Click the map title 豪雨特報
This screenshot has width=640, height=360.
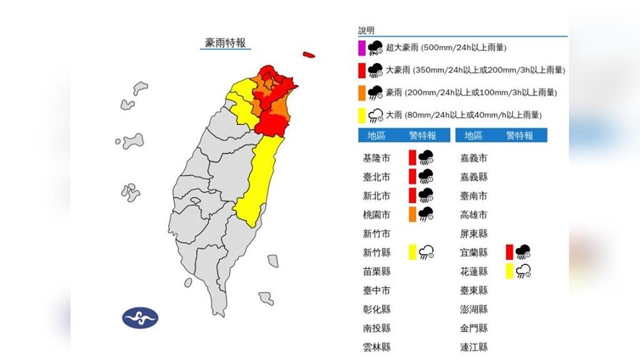pyautogui.click(x=226, y=42)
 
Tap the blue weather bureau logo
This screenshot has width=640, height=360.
pyautogui.click(x=140, y=317)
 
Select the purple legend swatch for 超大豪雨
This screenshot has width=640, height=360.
pyautogui.click(x=361, y=48)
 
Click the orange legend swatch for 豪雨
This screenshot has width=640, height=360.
pyautogui.click(x=361, y=92)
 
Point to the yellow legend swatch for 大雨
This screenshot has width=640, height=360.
pyautogui.click(x=361, y=115)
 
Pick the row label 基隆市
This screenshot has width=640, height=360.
pyautogui.click(x=376, y=158)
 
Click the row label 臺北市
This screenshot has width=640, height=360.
pyautogui.click(x=376, y=177)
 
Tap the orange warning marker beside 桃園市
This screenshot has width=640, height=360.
pyautogui.click(x=412, y=214)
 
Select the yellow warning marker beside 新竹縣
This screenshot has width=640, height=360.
pyautogui.click(x=412, y=252)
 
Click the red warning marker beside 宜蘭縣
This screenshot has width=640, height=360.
pyautogui.click(x=510, y=252)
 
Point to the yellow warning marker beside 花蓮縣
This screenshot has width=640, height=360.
pyautogui.click(x=510, y=271)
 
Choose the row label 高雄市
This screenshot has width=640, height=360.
pyautogui.click(x=474, y=214)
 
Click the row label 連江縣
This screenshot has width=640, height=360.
pyautogui.click(x=474, y=347)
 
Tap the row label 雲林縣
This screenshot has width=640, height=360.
pyautogui.click(x=376, y=347)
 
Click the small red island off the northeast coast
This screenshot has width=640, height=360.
pyautogui.click(x=307, y=55)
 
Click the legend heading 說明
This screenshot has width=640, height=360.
pyautogui.click(x=366, y=30)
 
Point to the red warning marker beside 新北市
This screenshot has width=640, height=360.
pyautogui.click(x=412, y=196)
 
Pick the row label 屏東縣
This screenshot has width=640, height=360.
pyautogui.click(x=474, y=234)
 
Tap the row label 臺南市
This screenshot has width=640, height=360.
pyautogui.click(x=474, y=196)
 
